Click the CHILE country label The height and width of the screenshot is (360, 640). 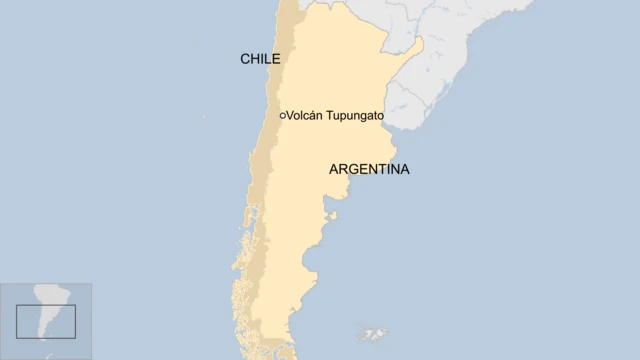click(x=260, y=59)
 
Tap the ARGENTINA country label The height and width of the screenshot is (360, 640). click(x=369, y=170)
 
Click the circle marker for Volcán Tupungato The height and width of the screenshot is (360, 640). click(x=282, y=116)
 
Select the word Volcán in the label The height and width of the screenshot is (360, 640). click(x=306, y=116)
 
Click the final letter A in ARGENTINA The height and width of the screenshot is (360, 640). click(x=404, y=170)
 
